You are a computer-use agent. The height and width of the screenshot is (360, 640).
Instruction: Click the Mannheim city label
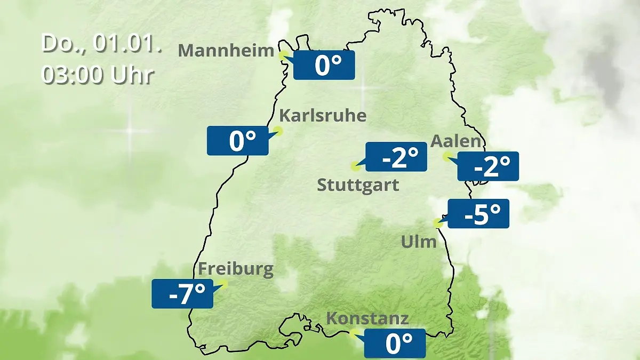coord(226,51)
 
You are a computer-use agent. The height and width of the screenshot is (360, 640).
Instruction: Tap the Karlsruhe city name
coord(323,115)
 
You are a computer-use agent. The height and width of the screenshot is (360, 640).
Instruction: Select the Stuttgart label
coord(358,186)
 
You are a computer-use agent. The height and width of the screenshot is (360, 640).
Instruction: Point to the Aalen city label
coord(455,141)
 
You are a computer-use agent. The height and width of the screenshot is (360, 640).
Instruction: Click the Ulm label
coord(419,242)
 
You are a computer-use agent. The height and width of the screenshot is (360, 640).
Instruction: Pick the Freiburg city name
coord(236,269)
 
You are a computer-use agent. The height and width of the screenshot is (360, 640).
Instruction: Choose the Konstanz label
coord(367,318)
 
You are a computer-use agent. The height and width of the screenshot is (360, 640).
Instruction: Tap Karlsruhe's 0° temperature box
coord(238,141)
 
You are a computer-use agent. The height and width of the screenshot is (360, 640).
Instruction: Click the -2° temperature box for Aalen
coord(488,166)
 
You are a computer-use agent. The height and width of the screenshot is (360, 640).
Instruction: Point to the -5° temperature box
coord(478,214)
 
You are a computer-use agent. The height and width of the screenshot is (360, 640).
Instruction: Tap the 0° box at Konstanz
coord(395,343)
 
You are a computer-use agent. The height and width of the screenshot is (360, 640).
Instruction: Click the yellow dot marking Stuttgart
coord(355,166)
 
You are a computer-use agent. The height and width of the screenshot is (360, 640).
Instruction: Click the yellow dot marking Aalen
coord(447,156)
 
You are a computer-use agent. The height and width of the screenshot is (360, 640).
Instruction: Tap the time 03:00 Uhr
coord(98,75)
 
